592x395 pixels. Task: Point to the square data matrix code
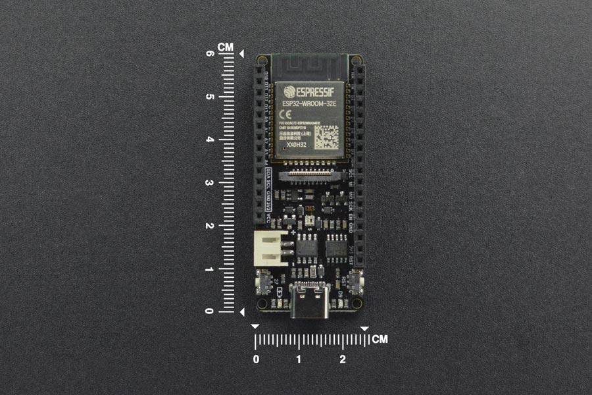tap(326, 137)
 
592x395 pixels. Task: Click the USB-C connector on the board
tap(309, 305)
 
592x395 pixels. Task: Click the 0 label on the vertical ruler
tap(210, 311)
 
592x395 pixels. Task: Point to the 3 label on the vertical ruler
tap(210, 183)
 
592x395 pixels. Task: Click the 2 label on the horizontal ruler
tap(343, 359)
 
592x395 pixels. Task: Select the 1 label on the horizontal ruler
tap(299, 359)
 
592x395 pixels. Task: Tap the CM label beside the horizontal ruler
tap(380, 340)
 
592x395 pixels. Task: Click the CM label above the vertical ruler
tap(226, 47)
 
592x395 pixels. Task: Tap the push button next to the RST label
tap(355, 284)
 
